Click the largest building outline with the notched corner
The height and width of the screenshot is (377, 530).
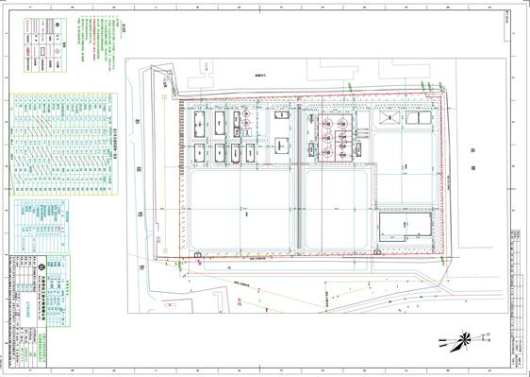(x=406, y=230)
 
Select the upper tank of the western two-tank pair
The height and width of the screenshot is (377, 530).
(x=244, y=123)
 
